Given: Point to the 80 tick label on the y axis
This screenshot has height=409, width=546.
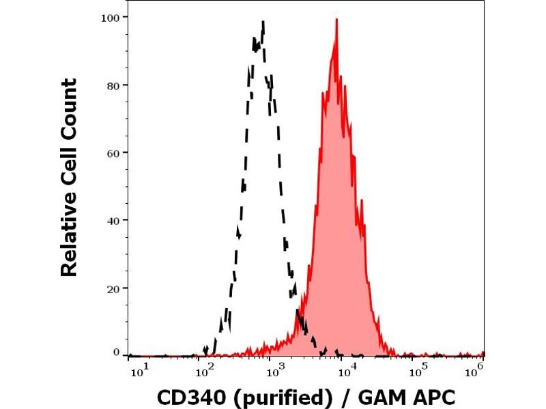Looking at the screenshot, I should click(x=113, y=85).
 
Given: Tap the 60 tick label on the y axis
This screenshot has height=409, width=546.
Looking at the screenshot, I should click(x=113, y=153).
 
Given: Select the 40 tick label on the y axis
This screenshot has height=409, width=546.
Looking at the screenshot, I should click(x=113, y=220).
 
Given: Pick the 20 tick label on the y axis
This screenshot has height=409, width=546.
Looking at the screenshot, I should click(x=113, y=288).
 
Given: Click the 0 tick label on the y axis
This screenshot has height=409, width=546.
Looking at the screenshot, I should click(x=116, y=352).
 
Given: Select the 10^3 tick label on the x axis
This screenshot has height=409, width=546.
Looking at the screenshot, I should click(x=275, y=370).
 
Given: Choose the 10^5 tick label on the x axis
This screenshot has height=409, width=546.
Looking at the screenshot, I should click(x=416, y=370).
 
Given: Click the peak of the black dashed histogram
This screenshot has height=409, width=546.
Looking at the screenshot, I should click(x=263, y=22).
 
